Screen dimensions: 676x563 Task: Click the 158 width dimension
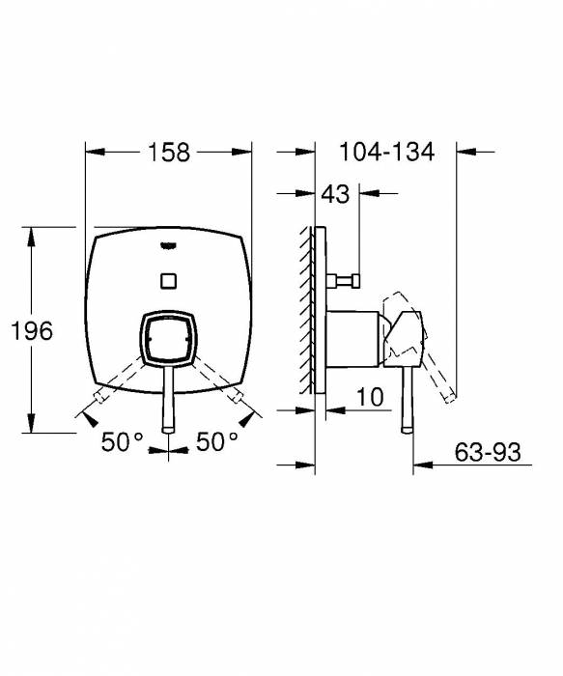click(168, 152)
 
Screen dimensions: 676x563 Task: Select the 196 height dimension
click(32, 330)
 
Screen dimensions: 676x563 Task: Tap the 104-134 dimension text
click(386, 152)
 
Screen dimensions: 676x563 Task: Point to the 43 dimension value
click(335, 194)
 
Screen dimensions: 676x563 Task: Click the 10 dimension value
click(370, 397)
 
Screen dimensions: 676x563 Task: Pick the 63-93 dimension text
click(489, 451)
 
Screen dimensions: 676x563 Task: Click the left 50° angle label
click(123, 442)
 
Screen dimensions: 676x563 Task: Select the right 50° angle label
click(216, 442)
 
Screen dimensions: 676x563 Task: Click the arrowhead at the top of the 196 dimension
click(35, 233)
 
